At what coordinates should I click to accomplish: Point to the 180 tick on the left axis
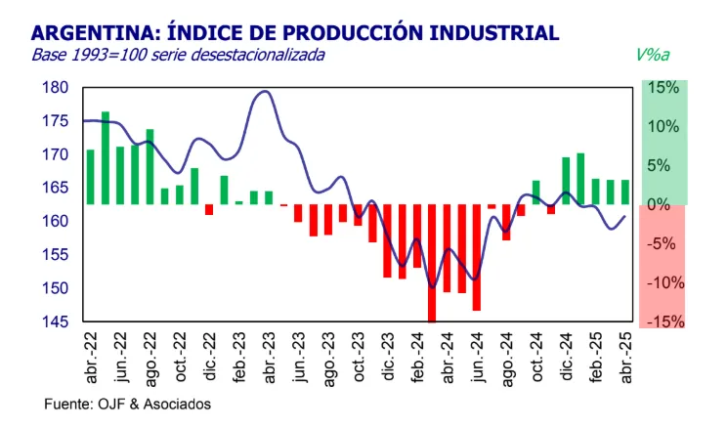coord(56,88)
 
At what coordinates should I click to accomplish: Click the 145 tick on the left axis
coord(56,321)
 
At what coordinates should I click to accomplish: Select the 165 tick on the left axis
coord(56,188)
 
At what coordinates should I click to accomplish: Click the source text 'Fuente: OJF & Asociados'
coord(127,403)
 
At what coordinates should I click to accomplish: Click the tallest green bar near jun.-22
coord(106,158)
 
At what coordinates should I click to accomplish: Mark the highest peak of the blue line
coord(264,92)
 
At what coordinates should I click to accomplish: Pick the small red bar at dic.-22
coord(208,209)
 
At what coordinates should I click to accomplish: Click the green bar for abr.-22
coord(91,177)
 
